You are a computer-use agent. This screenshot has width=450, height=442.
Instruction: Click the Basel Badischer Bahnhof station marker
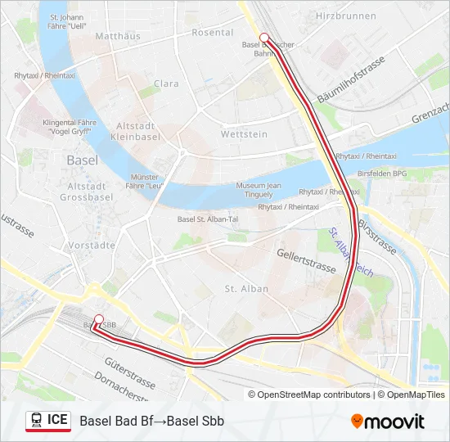click(x=264, y=37)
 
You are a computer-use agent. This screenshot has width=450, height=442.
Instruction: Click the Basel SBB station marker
click(x=99, y=319)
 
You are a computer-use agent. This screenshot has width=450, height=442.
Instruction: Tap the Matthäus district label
click(x=118, y=36)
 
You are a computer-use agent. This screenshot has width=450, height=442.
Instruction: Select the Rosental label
click(x=212, y=32)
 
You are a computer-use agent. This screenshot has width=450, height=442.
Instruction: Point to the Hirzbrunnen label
click(x=345, y=16)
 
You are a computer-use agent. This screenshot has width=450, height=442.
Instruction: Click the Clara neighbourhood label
click(x=166, y=83)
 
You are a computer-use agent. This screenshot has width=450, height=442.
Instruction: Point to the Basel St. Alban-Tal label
click(x=207, y=219)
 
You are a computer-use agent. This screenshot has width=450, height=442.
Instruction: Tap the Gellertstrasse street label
click(x=307, y=262)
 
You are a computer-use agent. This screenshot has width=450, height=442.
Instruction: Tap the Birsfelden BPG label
click(x=383, y=174)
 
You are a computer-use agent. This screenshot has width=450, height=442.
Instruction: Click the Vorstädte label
click(x=92, y=244)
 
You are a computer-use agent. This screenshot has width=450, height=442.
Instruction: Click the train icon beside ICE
click(x=36, y=421)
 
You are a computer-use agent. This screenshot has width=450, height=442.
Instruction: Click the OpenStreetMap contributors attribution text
click(x=313, y=395)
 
